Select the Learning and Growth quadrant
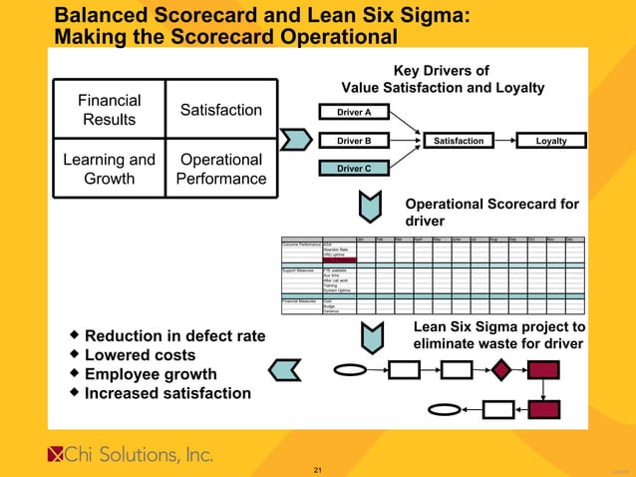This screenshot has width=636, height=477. (x=109, y=170)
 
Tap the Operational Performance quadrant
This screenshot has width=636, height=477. (x=220, y=170)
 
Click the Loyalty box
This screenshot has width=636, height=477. (x=550, y=141)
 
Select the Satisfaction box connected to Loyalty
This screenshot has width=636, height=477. (x=459, y=141)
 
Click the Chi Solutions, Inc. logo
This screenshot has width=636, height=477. (x=131, y=455)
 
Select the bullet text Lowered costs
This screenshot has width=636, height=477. (x=140, y=355)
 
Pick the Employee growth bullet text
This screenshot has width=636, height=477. (x=151, y=374)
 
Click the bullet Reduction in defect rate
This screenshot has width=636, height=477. (x=174, y=336)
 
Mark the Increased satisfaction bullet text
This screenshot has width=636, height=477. (x=167, y=393)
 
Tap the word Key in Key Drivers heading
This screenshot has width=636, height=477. (x=409, y=71)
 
